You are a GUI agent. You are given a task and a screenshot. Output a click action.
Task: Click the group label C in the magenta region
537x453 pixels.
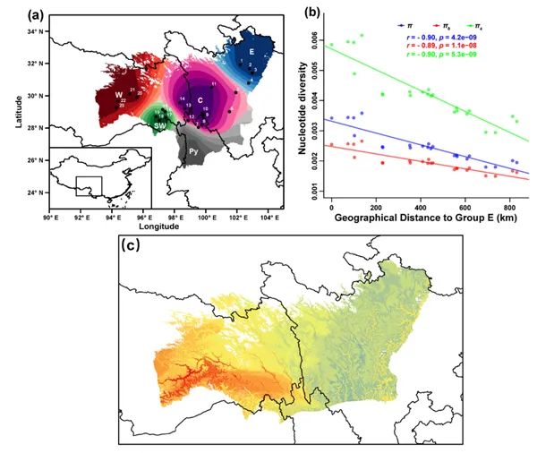pyautogui.click(x=200, y=98)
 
